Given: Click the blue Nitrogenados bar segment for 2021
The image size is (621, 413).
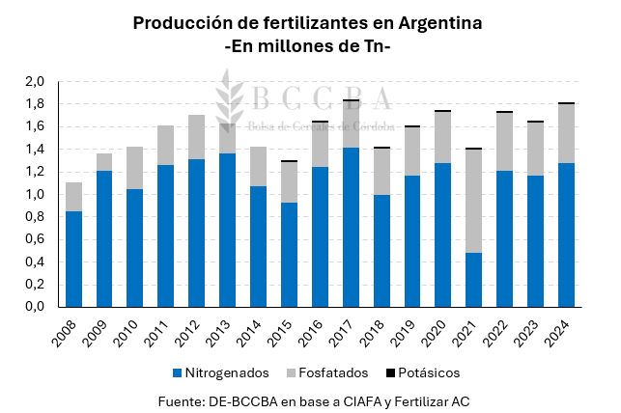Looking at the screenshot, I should tap(473, 280).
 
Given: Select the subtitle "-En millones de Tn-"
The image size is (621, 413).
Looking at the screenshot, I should tap(307, 47).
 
